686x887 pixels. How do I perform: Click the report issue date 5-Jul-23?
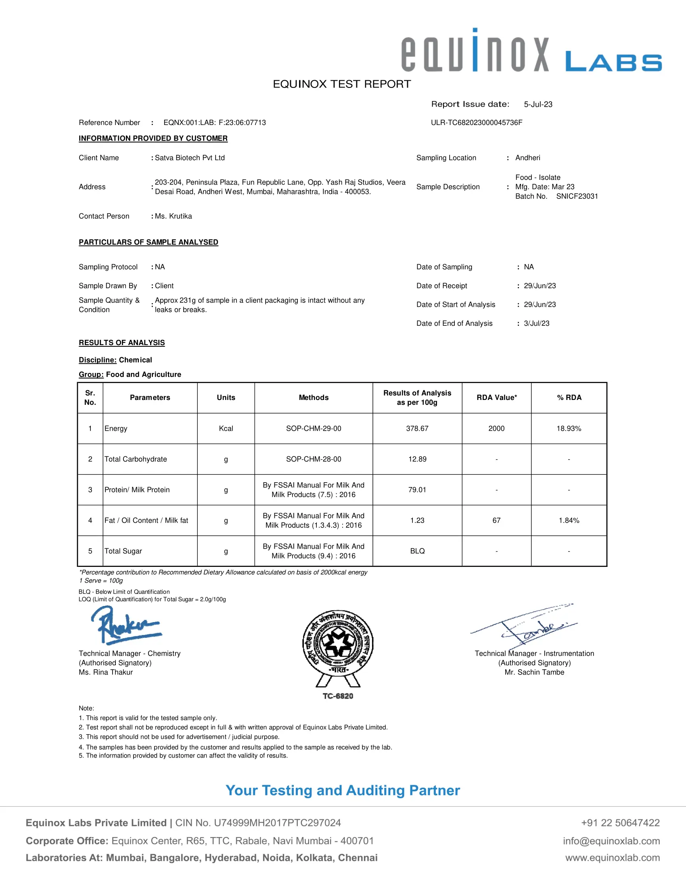tap(538, 104)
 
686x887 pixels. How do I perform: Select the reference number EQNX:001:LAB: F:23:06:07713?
tap(215, 123)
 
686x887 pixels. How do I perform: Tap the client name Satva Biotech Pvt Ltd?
tap(189, 158)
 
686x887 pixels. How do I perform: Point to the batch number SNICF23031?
tap(577, 196)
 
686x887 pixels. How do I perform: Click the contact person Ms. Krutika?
tap(173, 216)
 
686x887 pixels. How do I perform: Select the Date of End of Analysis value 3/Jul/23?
tap(536, 323)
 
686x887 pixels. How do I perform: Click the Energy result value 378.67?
tap(417, 429)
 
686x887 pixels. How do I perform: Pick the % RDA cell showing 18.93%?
tap(569, 429)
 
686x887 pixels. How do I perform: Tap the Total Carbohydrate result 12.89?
tap(417, 459)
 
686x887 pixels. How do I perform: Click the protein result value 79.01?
tap(417, 490)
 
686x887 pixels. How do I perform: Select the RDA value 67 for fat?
tap(496, 520)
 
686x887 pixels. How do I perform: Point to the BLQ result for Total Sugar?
tap(417, 551)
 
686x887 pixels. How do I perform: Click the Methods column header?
tap(313, 398)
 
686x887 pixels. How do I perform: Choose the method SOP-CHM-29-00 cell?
tap(313, 429)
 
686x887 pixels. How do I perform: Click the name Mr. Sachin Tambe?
tap(534, 672)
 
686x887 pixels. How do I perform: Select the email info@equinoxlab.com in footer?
tap(611, 841)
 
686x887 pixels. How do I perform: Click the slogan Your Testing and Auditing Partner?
tap(343, 790)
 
